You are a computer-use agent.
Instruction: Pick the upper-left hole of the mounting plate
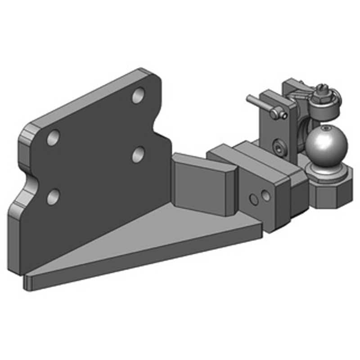[54, 138]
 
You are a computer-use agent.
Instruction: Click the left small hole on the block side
[255, 198]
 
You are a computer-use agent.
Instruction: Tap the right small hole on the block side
[266, 196]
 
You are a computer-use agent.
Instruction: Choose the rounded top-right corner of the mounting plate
[155, 79]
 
